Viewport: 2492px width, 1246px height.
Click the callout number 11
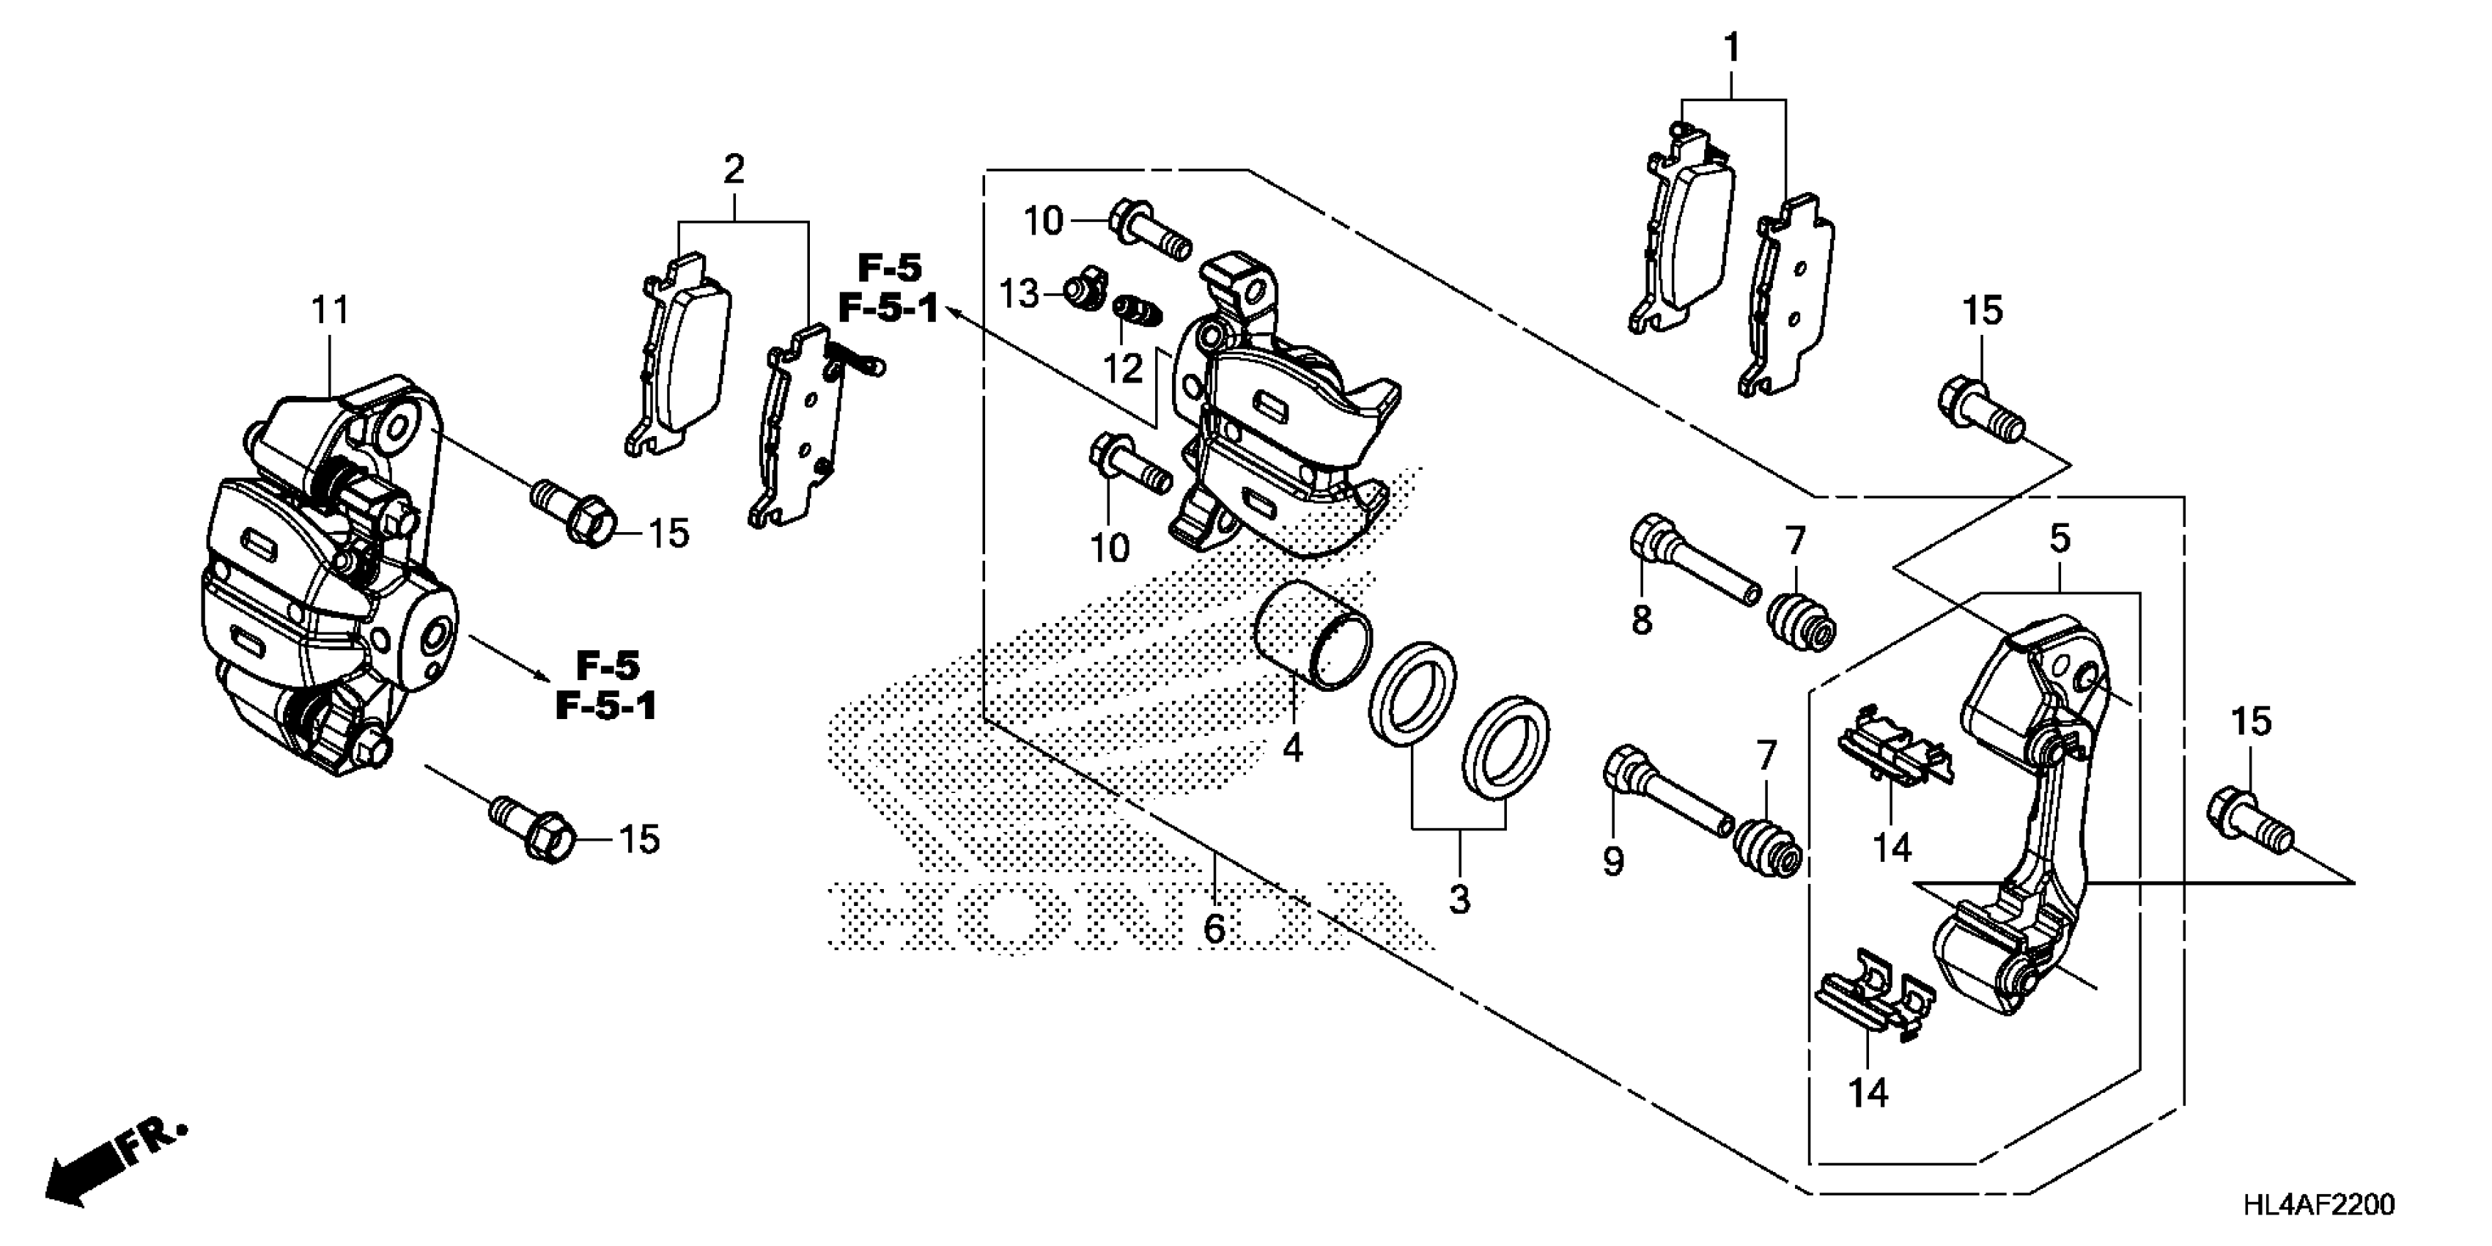click(329, 311)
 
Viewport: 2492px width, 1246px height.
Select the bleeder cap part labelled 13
click(1080, 291)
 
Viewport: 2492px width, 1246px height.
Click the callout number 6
click(1214, 929)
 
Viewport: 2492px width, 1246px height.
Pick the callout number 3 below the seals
click(1459, 899)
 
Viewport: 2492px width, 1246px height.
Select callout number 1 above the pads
click(1732, 46)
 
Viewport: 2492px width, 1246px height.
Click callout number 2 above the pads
click(734, 170)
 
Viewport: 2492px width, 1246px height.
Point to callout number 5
click(2060, 538)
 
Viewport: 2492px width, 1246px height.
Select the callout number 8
click(1642, 620)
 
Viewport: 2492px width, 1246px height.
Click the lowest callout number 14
click(1868, 1093)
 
